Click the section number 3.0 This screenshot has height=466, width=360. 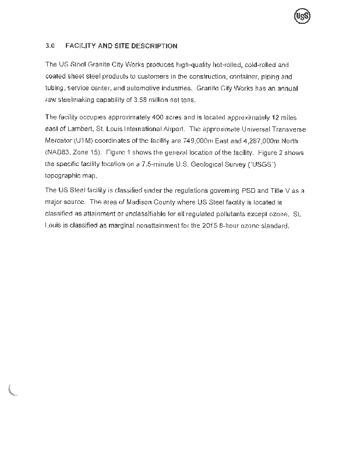point(50,45)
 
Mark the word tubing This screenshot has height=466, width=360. point(54,89)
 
